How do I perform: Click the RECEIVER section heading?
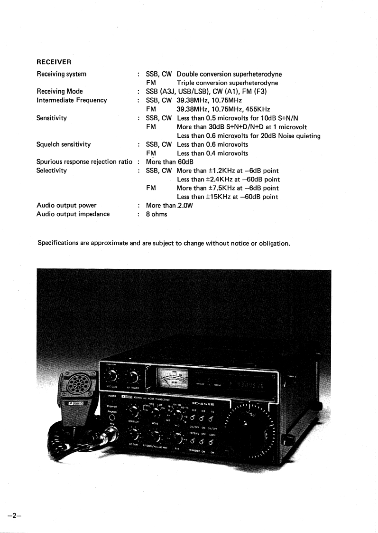pos(54,62)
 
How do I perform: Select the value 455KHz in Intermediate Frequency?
pos(257,108)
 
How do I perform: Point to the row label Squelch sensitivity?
pos(64,144)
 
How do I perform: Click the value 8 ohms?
pos(157,214)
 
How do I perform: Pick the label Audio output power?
pos(66,205)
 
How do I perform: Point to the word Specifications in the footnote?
pos(58,244)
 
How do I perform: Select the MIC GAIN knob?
pos(112,376)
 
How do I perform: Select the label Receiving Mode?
pos(60,91)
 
